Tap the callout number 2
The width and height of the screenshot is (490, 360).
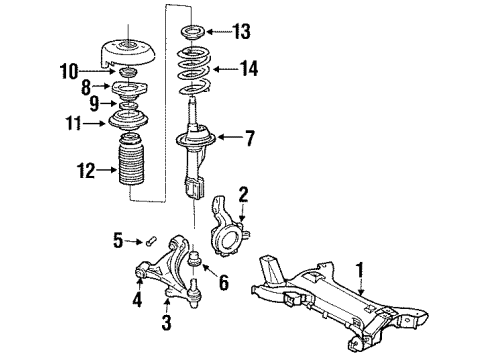(x=242, y=194)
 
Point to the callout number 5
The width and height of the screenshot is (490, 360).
(x=118, y=240)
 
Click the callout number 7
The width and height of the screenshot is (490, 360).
(x=250, y=137)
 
